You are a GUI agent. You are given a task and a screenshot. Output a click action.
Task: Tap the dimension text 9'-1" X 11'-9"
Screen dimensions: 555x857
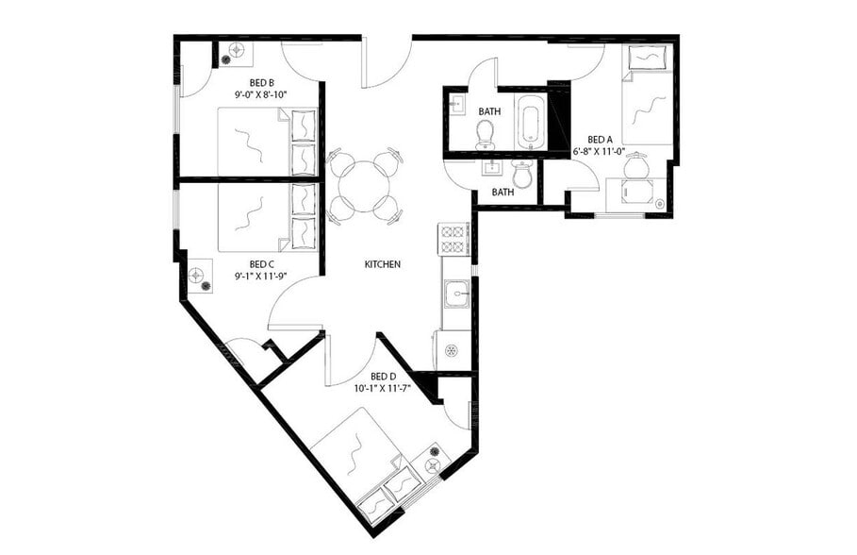click(x=261, y=277)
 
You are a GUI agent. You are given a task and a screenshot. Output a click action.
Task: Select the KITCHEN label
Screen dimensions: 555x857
click(x=383, y=264)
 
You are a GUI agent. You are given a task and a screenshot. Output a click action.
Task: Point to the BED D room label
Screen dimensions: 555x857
click(x=383, y=376)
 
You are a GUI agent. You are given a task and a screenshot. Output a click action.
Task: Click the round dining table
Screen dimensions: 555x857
click(x=364, y=184)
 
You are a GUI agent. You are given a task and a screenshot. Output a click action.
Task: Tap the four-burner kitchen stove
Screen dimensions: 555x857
click(x=454, y=239)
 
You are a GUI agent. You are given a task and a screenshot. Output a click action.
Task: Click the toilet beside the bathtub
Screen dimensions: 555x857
click(x=486, y=135)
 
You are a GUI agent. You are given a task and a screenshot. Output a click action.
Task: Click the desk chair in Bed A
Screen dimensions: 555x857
click(x=638, y=166)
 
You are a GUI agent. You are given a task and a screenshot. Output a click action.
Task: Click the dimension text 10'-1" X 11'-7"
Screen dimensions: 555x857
click(x=383, y=388)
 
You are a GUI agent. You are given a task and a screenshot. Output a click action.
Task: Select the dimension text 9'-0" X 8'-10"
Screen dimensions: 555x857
click(x=261, y=94)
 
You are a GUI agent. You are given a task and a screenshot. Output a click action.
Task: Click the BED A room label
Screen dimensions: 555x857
click(x=600, y=139)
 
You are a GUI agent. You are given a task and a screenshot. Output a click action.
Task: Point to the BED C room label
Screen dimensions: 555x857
click(x=261, y=264)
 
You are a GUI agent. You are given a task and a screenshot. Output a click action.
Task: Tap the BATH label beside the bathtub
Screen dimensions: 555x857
click(x=489, y=111)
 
